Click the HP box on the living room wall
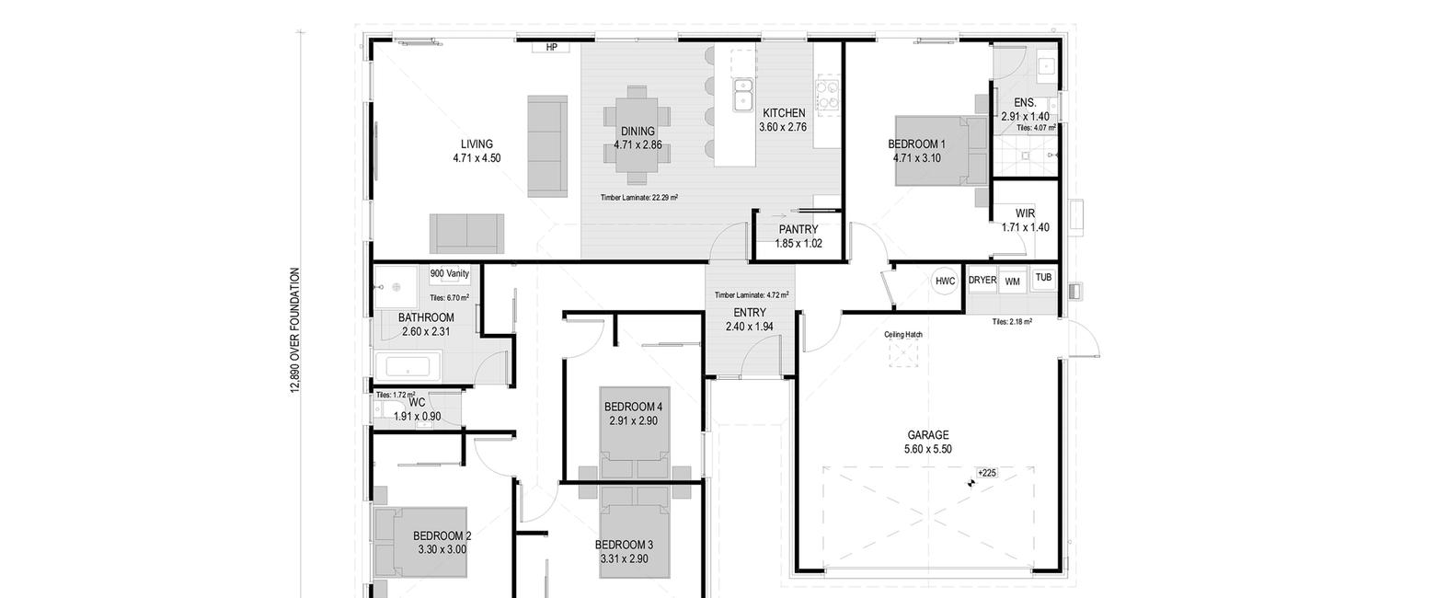[x=551, y=48]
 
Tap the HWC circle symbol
[x=945, y=281]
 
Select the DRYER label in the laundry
[x=982, y=280]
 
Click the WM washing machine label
[x=1012, y=282]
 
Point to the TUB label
[x=1044, y=278]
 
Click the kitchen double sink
[x=743, y=94]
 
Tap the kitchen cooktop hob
[x=828, y=94]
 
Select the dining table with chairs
[x=637, y=135]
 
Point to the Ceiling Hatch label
[x=903, y=335]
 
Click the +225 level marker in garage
[x=987, y=473]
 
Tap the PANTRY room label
[x=798, y=229]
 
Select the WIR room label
[x=1025, y=213]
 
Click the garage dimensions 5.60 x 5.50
[x=927, y=449]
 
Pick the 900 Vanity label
[x=450, y=273]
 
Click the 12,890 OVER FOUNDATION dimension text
[x=295, y=330]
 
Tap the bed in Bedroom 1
[x=941, y=151]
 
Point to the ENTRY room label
[x=750, y=313]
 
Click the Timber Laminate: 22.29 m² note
[x=639, y=198]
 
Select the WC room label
[x=417, y=403]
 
